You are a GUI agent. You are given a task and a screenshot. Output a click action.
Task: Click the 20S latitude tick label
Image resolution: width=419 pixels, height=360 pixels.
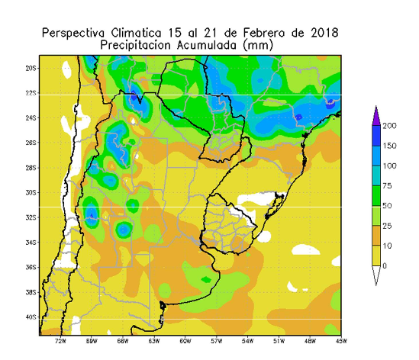(31, 69)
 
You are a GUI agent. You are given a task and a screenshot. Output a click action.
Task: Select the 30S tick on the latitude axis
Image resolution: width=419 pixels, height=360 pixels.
(31, 193)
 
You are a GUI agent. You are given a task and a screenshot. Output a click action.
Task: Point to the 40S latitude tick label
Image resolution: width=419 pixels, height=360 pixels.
(31, 317)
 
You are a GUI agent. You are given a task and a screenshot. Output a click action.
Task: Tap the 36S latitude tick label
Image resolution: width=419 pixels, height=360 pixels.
(31, 268)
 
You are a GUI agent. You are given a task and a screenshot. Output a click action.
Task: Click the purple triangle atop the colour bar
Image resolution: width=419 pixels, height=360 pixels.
(376, 116)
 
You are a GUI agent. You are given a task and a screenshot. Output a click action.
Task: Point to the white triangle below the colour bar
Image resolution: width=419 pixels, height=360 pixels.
(376, 275)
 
